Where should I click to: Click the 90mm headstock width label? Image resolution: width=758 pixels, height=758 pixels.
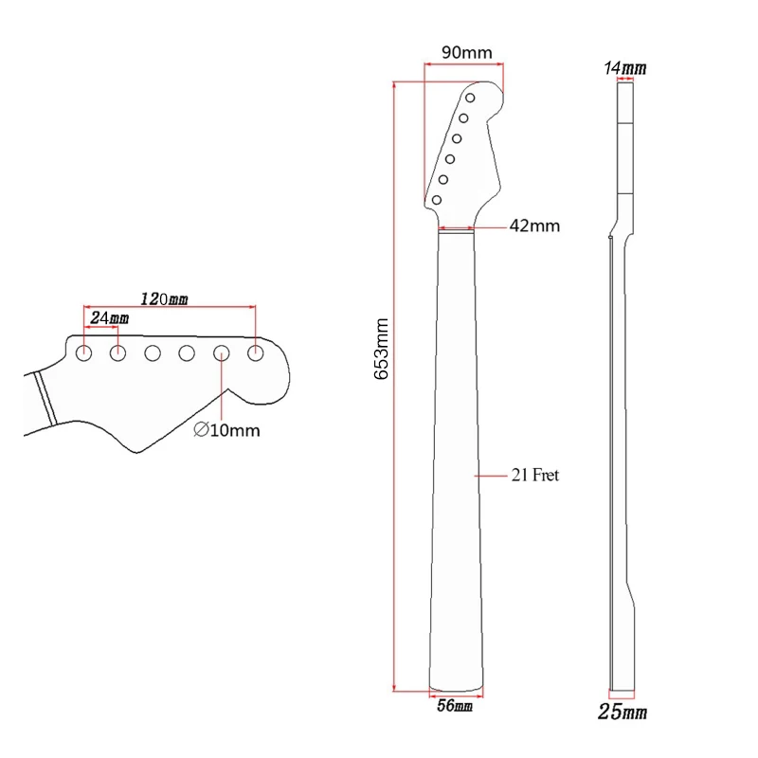(x=466, y=52)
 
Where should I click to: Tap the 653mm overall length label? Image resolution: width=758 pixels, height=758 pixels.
(x=382, y=349)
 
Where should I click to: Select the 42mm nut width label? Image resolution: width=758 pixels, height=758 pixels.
(x=534, y=226)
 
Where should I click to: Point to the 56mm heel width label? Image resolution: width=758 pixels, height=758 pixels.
(x=455, y=706)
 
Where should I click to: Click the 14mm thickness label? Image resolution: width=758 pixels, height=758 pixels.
(x=625, y=68)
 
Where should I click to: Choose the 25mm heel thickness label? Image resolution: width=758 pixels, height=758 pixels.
(x=623, y=713)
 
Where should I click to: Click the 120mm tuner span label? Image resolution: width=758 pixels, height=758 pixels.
(x=164, y=298)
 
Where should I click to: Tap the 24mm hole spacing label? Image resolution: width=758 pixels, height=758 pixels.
(x=110, y=318)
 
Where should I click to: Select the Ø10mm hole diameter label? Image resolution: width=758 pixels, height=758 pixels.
(x=226, y=430)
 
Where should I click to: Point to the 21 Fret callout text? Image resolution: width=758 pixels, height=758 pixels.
(x=535, y=476)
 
